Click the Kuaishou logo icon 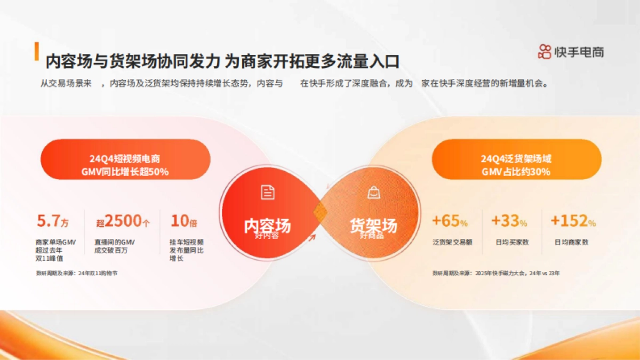coord(545,52)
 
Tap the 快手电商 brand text coord(579,52)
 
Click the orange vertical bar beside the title coord(37,51)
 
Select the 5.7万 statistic coord(52,221)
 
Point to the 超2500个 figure coord(123,221)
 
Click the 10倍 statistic coord(184,221)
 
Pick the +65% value coord(450,221)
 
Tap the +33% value coord(509,221)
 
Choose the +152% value coord(573,221)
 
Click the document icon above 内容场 coord(268,193)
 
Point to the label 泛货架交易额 coord(452,242)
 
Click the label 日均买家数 coord(511,242)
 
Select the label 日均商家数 coord(571,242)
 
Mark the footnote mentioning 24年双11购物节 coord(76,273)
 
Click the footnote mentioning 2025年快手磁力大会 coord(496,273)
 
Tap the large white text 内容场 coord(268,226)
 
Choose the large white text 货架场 coord(373,226)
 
